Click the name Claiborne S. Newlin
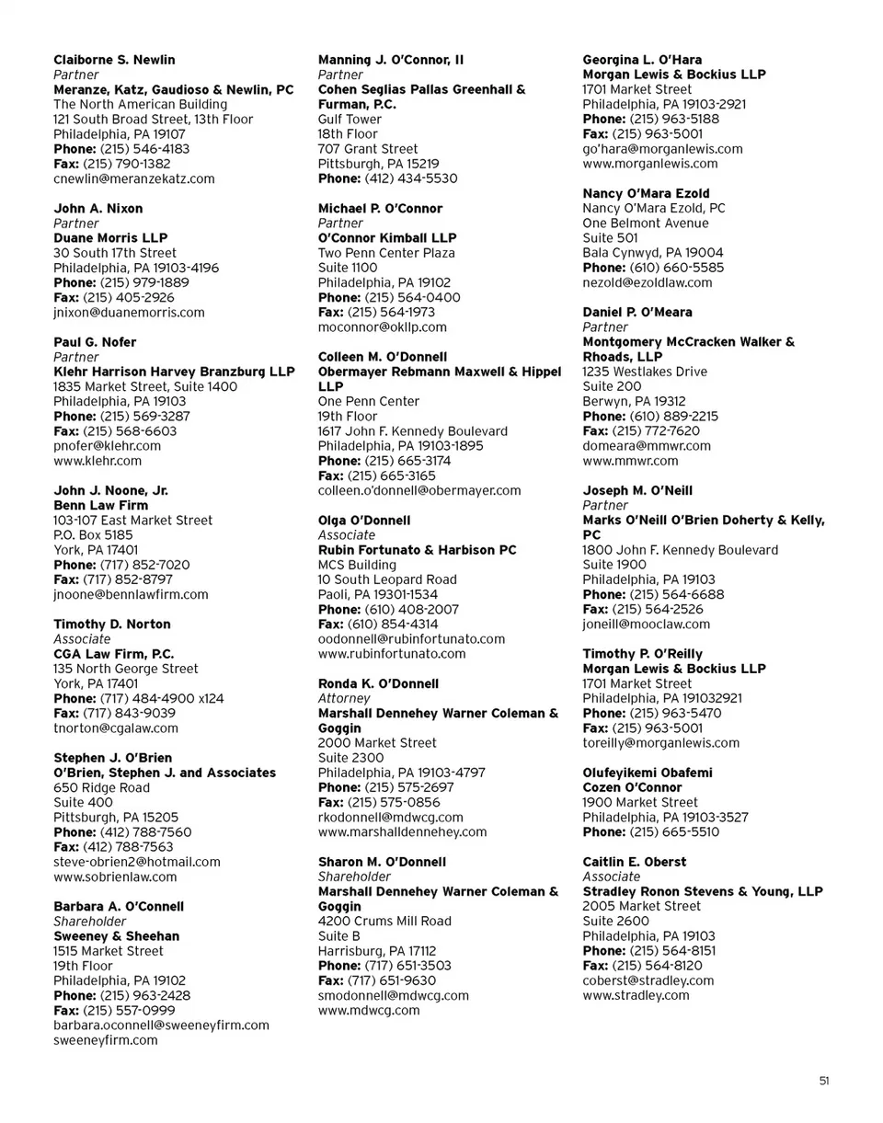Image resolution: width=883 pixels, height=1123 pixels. pyautogui.click(x=114, y=60)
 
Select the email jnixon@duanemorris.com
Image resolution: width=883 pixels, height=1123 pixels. pyautogui.click(x=129, y=313)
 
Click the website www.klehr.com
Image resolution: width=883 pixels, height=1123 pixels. pyautogui.click(x=97, y=461)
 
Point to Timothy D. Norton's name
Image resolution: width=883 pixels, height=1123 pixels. pyautogui.click(x=112, y=625)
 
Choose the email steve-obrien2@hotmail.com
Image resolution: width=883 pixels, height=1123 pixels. pyautogui.click(x=137, y=862)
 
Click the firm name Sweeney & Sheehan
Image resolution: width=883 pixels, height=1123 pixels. pyautogui.click(x=116, y=936)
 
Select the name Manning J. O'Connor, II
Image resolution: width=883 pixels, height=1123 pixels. pyautogui.click(x=391, y=60)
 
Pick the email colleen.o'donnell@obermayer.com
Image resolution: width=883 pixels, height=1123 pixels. pyautogui.click(x=419, y=491)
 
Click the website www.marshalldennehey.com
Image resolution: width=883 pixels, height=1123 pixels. pyautogui.click(x=402, y=832)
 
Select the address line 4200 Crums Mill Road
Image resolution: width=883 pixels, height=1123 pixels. pyautogui.click(x=384, y=922)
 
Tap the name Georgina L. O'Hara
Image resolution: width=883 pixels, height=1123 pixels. pyautogui.click(x=642, y=60)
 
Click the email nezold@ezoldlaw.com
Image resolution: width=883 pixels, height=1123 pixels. pyautogui.click(x=648, y=283)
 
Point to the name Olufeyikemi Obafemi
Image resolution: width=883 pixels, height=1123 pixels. pyautogui.click(x=648, y=773)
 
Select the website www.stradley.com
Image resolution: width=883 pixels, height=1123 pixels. pyautogui.click(x=636, y=996)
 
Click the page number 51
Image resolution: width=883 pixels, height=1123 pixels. pyautogui.click(x=824, y=1082)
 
